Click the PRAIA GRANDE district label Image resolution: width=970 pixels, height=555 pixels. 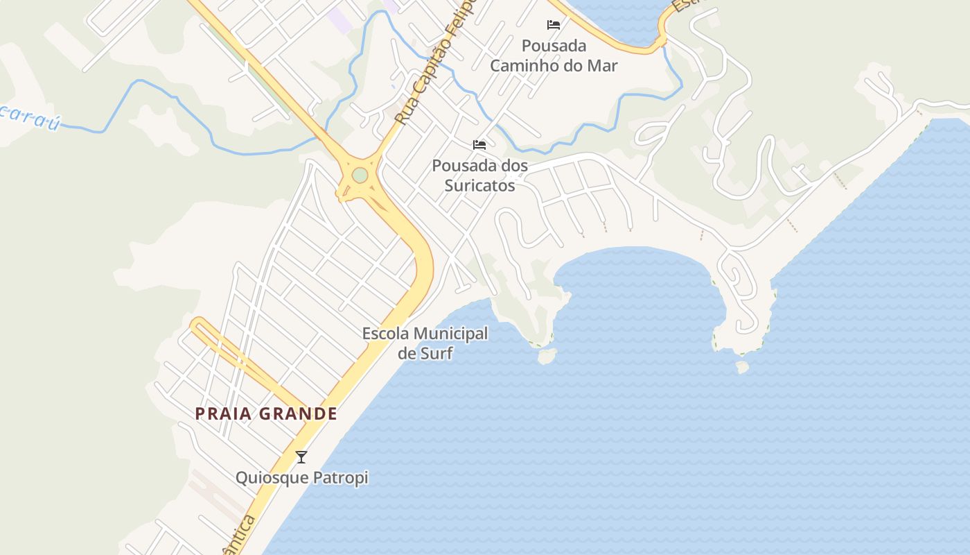tap(266, 414)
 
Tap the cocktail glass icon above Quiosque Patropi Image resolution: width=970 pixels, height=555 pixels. tap(301, 456)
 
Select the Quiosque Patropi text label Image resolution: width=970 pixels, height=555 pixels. tap(301, 478)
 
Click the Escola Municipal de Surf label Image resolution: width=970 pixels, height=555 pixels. tap(425, 343)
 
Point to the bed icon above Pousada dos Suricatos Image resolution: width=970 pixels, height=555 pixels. tap(479, 145)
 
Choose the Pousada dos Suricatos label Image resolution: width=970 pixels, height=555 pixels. tap(479, 176)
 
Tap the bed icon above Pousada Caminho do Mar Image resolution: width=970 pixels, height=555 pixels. tap(554, 25)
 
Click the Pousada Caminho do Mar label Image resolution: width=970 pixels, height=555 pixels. tap(554, 55)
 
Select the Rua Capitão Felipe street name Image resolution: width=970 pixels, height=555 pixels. tap(435, 66)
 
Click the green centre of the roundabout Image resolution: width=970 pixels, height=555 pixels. tap(360, 176)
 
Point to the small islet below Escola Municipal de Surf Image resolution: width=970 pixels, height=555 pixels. tap(547, 357)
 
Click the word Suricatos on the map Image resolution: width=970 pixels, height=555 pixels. tap(479, 186)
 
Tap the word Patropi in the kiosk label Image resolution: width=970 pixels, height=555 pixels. tap(342, 478)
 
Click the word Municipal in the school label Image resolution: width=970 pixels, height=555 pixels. tap(450, 334)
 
